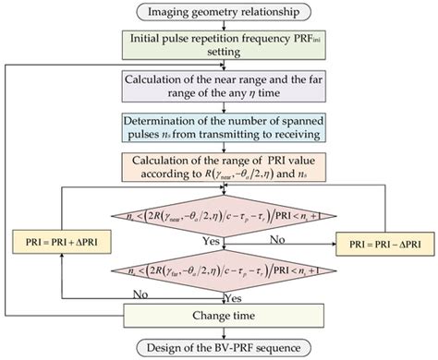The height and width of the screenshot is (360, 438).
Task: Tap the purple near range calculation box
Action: pyautogui.click(x=220, y=90)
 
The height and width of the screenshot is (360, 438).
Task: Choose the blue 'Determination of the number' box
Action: pyautogui.click(x=220, y=131)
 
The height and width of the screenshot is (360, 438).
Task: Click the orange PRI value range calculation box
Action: pyautogui.click(x=220, y=172)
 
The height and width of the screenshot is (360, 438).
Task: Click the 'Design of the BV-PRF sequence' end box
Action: pyautogui.click(x=220, y=349)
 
